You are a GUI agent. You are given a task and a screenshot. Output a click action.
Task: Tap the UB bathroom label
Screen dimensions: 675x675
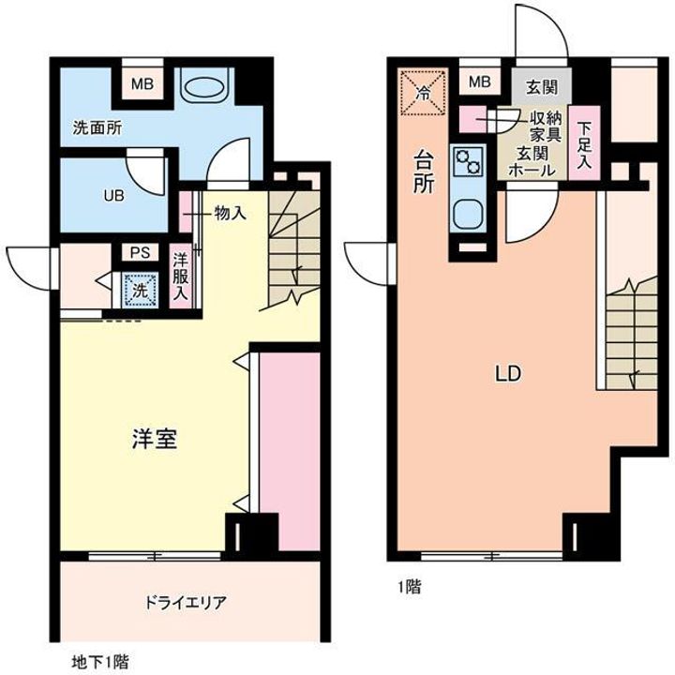click(x=113, y=197)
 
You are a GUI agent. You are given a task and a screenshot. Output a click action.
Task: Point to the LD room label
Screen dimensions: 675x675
click(x=508, y=373)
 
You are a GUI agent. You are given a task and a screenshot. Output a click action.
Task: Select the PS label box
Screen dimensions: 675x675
click(x=139, y=252)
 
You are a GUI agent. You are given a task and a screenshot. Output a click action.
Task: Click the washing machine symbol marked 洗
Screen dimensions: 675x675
click(x=139, y=290)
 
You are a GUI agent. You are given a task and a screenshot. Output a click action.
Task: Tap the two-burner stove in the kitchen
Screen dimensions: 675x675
click(x=466, y=161)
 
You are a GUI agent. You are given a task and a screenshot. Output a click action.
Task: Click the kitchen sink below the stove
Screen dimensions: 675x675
click(x=466, y=214)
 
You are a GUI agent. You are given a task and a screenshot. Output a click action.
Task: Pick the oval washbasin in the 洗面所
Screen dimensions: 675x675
click(x=203, y=88)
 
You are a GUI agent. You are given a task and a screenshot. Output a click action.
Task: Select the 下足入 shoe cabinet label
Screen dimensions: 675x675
click(x=584, y=145)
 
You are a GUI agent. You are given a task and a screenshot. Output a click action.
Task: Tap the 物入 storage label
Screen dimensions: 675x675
click(x=230, y=213)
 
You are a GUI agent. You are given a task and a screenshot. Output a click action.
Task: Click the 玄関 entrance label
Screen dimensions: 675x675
click(x=541, y=87)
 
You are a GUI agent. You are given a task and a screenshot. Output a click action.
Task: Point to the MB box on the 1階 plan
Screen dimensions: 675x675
click(x=479, y=82)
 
